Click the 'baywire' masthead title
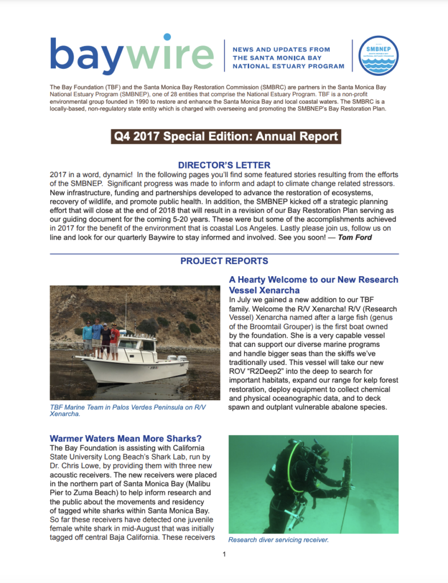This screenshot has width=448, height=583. [132, 56]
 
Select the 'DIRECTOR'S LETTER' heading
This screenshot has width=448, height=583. [224, 165]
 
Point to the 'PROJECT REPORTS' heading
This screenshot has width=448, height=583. [224, 261]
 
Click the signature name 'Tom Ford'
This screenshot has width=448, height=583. [355, 237]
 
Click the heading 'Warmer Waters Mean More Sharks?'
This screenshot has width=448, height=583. [126, 438]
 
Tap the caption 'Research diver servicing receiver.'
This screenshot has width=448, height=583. [278, 539]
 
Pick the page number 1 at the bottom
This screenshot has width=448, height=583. [224, 555]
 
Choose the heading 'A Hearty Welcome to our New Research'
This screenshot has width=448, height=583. [313, 280]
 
